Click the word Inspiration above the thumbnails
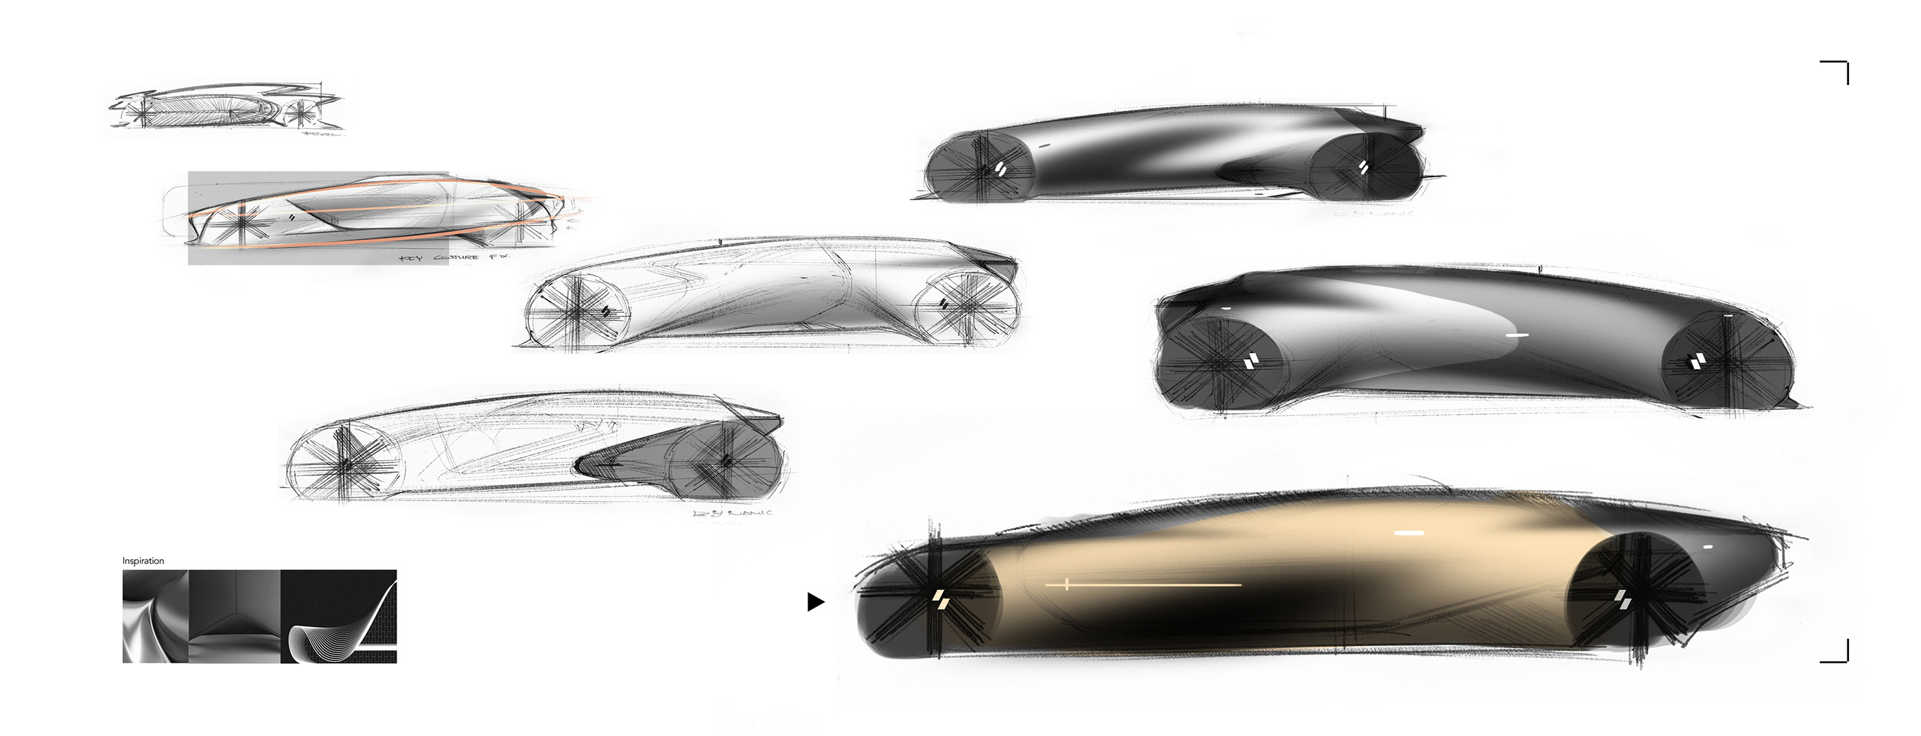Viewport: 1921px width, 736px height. (143, 561)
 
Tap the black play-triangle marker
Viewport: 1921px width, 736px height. (816, 602)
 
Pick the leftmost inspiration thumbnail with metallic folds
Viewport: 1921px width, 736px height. (156, 617)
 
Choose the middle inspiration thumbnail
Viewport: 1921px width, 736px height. (235, 617)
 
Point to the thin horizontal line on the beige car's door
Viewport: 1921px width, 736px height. (1144, 584)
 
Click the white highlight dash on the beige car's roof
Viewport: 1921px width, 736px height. (1409, 533)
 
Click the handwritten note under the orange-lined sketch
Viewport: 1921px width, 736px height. (454, 258)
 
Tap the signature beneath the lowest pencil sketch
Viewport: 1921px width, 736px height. (733, 514)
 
